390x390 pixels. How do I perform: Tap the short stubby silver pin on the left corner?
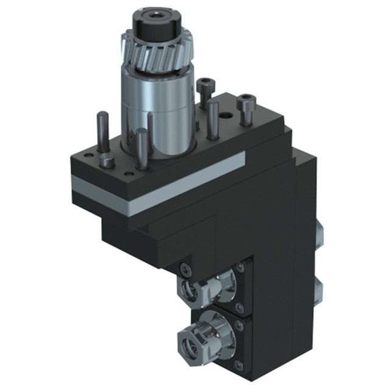[108, 162]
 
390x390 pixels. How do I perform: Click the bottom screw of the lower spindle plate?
[239, 364]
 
